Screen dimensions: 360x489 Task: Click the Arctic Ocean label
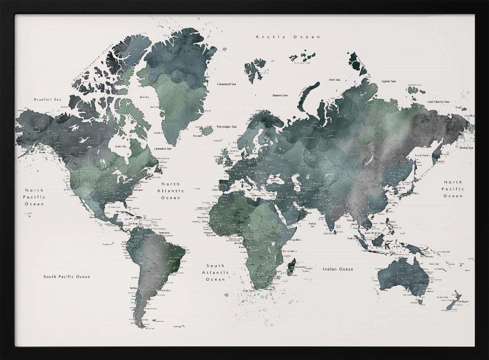pos(288,37)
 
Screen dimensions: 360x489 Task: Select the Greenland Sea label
pos(226,84)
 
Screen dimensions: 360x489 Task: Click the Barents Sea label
pos(280,95)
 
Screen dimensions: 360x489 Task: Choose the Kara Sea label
pos(334,79)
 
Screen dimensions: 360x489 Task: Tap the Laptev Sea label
pos(389,81)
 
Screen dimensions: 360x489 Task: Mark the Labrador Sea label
pos(163,148)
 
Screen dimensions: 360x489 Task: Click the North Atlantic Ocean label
pos(171,191)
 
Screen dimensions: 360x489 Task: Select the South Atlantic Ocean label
pos(216,272)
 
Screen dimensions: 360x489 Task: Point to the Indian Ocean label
pos(337,269)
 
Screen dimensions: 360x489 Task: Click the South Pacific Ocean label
pos(67,276)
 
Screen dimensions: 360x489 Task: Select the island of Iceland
pos(207,131)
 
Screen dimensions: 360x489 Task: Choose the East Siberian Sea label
pos(438,102)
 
